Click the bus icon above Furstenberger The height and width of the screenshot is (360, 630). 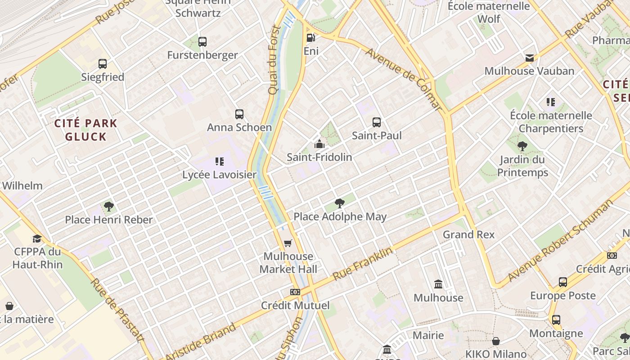click(202, 42)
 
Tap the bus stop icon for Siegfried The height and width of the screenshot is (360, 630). click(103, 64)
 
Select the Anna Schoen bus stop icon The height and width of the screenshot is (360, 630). click(239, 114)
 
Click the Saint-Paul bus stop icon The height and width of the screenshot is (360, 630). click(377, 122)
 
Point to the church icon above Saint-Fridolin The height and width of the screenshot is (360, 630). click(319, 144)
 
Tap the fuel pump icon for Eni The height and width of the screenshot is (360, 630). click(310, 37)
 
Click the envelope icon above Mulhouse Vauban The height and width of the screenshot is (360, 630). click(530, 58)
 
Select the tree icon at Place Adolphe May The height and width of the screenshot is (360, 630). click(340, 203)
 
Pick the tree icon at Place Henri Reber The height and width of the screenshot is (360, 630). click(108, 207)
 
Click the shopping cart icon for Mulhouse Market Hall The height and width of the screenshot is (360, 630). click(288, 243)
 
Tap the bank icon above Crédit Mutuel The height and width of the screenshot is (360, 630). click(295, 292)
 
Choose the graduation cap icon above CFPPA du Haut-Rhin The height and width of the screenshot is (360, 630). click(37, 238)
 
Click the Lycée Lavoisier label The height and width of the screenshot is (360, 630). click(219, 175)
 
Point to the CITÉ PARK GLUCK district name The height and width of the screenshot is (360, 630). click(85, 130)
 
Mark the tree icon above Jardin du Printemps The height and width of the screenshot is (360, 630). click(522, 146)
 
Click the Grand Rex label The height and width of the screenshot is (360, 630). click(468, 234)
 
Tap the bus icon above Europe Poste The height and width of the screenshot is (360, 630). click(563, 282)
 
